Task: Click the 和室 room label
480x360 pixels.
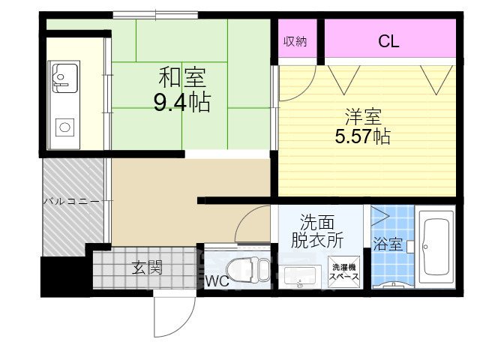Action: (x=182, y=77)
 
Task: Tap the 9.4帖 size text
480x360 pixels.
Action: (x=182, y=102)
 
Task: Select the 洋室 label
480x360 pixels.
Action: (x=363, y=116)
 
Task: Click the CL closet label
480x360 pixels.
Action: (x=388, y=41)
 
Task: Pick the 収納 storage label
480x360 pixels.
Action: (x=294, y=41)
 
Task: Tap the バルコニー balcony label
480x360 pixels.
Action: (x=70, y=201)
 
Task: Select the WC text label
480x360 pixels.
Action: (x=218, y=282)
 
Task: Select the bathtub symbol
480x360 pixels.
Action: (x=434, y=247)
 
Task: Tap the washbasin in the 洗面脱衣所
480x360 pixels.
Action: (x=301, y=276)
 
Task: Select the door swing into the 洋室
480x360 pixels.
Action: (x=291, y=84)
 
